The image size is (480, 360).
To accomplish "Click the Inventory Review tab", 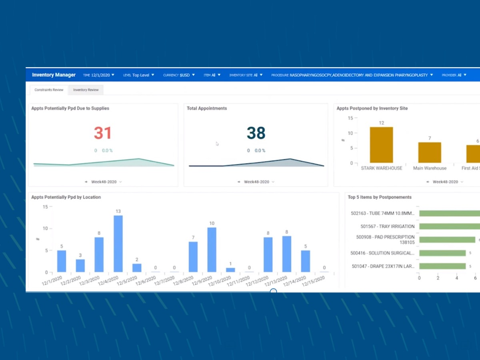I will [86, 90].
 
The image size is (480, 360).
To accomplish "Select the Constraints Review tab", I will [49, 90].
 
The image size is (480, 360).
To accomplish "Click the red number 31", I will [103, 133].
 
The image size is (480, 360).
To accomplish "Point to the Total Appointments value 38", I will [256, 133].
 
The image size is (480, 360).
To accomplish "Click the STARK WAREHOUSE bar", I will [381, 145].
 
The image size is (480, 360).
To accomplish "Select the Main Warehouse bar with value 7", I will [430, 152].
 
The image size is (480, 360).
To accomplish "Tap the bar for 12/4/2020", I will [118, 244].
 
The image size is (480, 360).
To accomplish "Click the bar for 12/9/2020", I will [212, 250].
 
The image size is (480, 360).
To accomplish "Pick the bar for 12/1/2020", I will [62, 261].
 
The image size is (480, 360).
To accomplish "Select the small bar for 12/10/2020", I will [230, 270].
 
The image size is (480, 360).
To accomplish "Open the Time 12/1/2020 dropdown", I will [99, 75].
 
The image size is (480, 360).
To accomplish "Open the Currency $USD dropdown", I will [179, 75].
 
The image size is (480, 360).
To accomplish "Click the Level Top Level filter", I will [138, 75].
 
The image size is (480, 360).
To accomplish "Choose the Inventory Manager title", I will [54, 75].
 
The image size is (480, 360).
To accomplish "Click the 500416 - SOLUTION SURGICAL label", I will [382, 253].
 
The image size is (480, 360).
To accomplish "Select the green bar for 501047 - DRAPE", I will [442, 266].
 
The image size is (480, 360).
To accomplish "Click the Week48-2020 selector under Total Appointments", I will [256, 182].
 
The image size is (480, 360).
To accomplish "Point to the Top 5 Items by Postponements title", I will [380, 197].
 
